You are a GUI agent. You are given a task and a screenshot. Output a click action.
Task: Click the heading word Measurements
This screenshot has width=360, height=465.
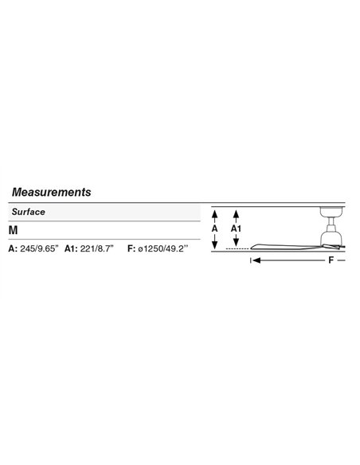[51, 192]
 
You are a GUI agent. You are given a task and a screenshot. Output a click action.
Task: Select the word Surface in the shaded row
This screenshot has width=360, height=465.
[29, 212]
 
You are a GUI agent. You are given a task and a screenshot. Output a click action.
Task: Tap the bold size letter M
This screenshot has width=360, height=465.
[14, 230]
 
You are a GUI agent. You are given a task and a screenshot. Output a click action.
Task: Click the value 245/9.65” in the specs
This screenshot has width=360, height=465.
[40, 248]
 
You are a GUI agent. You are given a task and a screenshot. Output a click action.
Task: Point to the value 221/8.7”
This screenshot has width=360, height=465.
[97, 248]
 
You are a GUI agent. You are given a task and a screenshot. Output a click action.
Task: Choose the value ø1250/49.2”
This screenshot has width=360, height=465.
[163, 248]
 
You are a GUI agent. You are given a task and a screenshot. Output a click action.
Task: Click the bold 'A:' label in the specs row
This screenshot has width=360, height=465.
[13, 248]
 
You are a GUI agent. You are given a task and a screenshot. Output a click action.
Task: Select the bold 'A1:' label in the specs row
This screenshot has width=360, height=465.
[71, 248]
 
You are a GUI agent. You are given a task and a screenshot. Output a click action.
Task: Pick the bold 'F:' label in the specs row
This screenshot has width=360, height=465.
[131, 248]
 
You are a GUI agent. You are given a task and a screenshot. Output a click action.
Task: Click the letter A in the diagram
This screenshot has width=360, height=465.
[215, 229]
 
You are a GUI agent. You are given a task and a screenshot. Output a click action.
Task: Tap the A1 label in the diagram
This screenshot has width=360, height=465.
[236, 229]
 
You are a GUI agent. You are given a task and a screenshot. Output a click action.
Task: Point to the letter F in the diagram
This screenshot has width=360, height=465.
[331, 260]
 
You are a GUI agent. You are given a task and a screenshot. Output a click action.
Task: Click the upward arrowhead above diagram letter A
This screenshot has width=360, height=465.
[215, 213]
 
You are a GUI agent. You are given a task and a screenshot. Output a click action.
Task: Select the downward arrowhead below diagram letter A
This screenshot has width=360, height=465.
[215, 245]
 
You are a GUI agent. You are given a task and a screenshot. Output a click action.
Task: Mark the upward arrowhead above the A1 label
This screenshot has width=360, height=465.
[236, 213]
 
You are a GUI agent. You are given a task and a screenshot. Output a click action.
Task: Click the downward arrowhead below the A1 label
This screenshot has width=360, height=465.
[236, 243]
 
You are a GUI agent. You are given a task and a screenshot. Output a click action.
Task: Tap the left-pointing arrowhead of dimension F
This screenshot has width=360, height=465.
[256, 260]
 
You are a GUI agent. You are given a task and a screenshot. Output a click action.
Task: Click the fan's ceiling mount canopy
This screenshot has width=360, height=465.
[332, 212]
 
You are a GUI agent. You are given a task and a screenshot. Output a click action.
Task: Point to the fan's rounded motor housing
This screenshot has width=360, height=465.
[332, 236]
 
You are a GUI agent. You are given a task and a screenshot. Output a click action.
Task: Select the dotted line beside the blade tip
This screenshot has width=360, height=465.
[237, 248]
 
